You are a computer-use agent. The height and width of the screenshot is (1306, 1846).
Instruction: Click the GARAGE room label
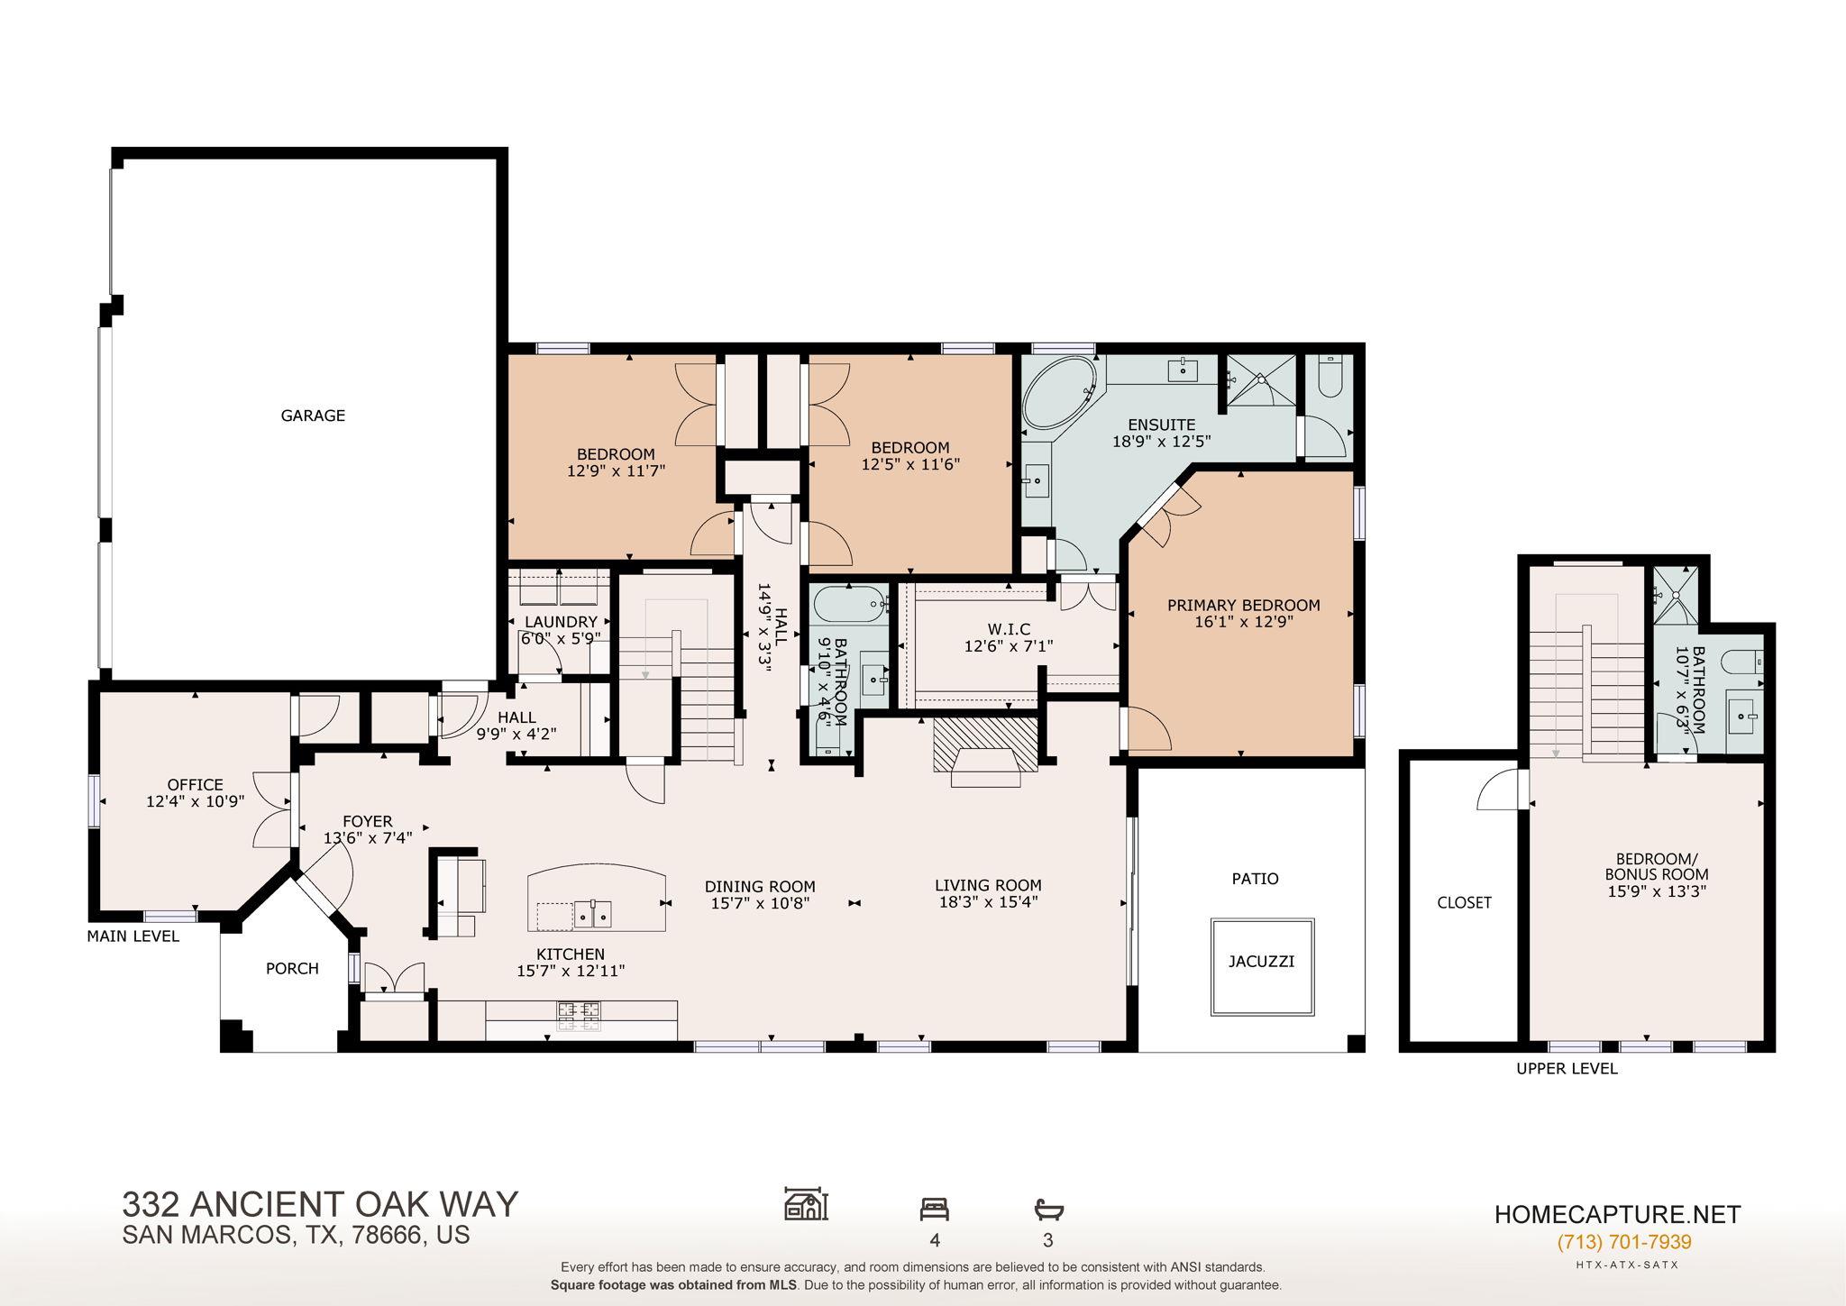point(313,416)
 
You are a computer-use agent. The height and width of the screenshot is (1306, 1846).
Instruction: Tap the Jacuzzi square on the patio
point(1262,966)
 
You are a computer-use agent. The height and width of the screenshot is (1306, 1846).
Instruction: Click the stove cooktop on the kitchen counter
point(580,1015)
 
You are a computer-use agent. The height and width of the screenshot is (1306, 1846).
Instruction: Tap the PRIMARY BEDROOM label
point(1243,606)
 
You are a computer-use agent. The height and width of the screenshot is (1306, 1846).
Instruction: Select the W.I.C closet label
point(1009,629)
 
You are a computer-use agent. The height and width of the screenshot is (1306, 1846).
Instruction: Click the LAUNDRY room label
point(561,622)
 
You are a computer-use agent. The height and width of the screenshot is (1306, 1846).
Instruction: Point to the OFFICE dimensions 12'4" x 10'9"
point(196,800)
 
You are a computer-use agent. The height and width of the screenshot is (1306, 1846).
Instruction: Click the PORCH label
point(292,969)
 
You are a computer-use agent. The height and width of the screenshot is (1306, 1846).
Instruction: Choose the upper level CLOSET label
point(1464,902)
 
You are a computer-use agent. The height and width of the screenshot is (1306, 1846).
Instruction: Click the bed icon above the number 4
point(934,1209)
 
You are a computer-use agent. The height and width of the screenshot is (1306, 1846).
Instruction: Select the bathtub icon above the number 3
point(1048,1209)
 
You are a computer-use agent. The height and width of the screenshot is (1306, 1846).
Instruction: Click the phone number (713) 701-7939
point(1624,1242)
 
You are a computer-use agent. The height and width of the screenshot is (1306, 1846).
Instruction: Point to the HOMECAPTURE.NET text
point(1618,1214)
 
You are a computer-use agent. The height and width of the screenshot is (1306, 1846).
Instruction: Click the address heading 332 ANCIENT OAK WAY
point(320,1204)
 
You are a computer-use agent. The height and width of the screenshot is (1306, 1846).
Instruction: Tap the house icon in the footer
point(806,1203)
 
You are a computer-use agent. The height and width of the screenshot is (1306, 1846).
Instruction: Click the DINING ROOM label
point(760,887)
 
